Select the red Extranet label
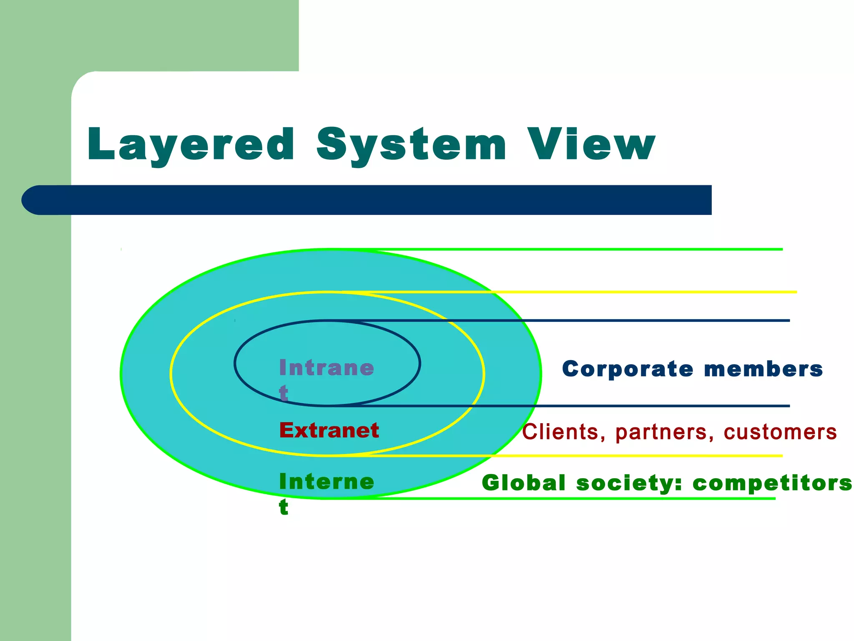point(329,430)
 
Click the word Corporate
point(628,369)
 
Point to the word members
point(764,369)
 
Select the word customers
point(780,432)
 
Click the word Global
point(524,483)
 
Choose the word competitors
point(772,483)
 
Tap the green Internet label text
point(327,482)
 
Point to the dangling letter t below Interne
point(284,507)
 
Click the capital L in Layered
point(100,144)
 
